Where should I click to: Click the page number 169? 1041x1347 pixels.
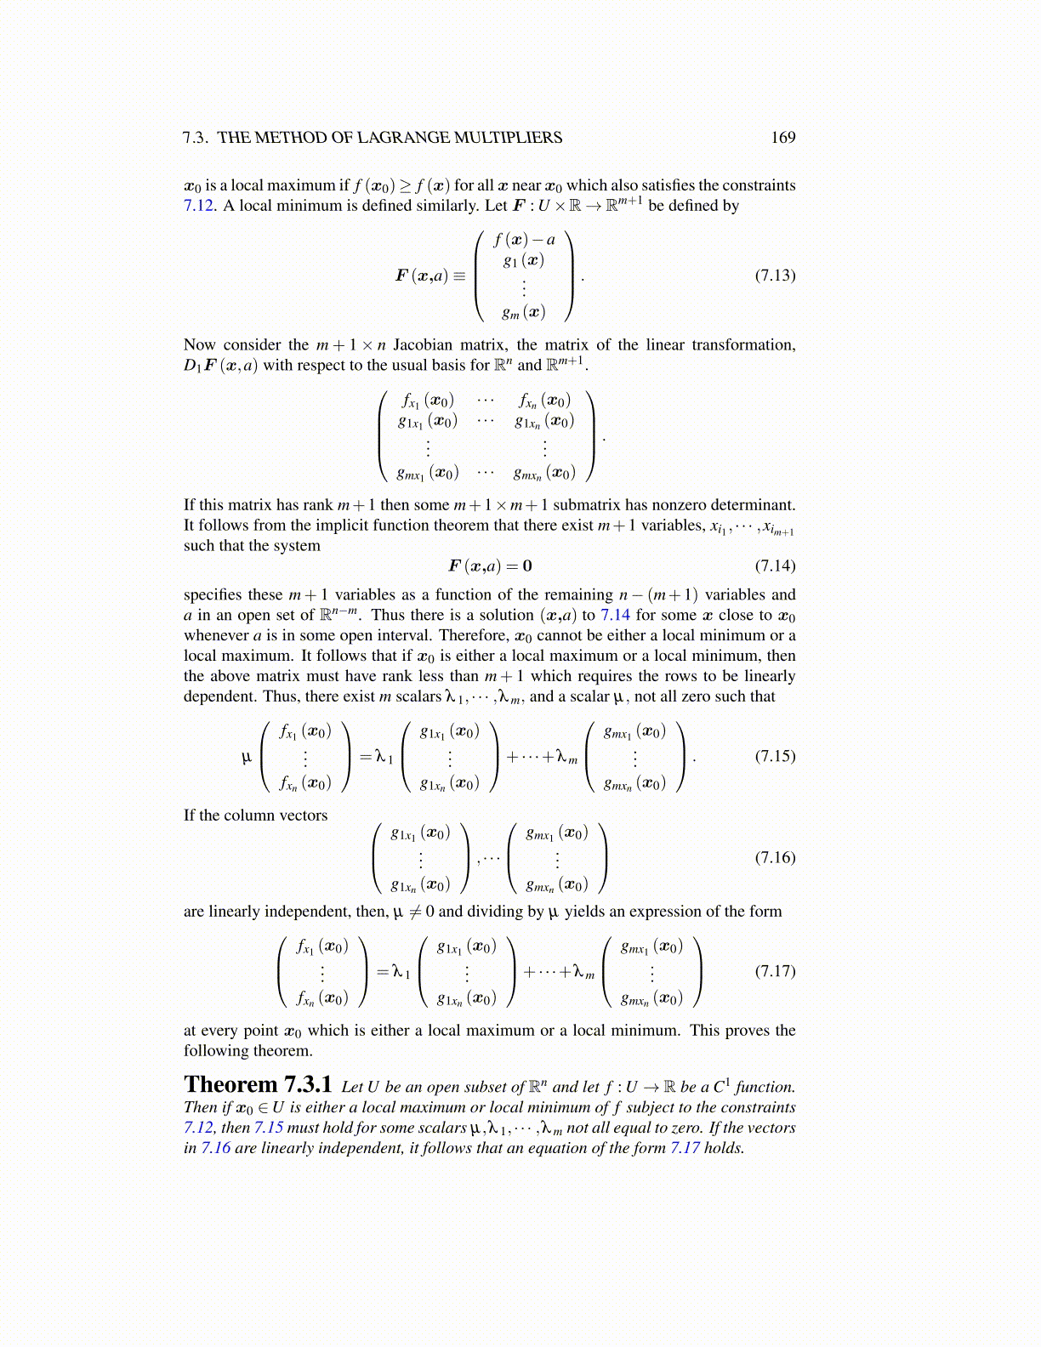[x=782, y=138]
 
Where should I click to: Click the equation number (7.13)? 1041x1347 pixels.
[x=775, y=276]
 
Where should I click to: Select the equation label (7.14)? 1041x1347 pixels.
[x=775, y=566]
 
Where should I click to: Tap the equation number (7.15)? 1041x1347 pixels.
[x=775, y=756]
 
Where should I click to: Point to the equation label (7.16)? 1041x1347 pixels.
[x=775, y=857]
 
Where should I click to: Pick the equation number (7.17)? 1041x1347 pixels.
[x=775, y=971]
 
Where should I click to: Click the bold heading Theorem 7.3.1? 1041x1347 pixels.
[x=258, y=1085]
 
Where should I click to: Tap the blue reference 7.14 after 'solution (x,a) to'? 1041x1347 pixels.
[x=615, y=615]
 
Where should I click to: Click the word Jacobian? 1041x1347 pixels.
[x=423, y=345]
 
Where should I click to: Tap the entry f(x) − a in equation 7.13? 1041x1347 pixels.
[x=524, y=240]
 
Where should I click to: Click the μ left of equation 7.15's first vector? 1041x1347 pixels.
[x=247, y=757]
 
